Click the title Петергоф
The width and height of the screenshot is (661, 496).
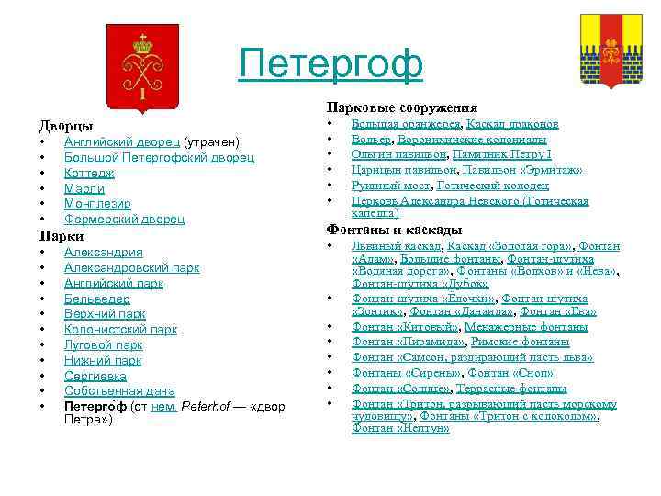pos(330,63)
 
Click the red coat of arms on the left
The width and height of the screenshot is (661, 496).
pos(142,65)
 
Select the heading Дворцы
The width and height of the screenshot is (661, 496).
pos(66,125)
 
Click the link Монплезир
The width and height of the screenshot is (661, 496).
pos(97,203)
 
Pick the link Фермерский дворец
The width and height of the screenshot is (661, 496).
pos(124,219)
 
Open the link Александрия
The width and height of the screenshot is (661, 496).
pos(103,252)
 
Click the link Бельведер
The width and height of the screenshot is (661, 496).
pos(96,299)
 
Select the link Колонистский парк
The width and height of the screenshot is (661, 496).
pos(120,329)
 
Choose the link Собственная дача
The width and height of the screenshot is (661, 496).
pos(119,391)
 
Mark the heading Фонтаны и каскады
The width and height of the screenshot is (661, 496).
pos(395,230)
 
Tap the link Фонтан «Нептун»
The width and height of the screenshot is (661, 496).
pos(400,428)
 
